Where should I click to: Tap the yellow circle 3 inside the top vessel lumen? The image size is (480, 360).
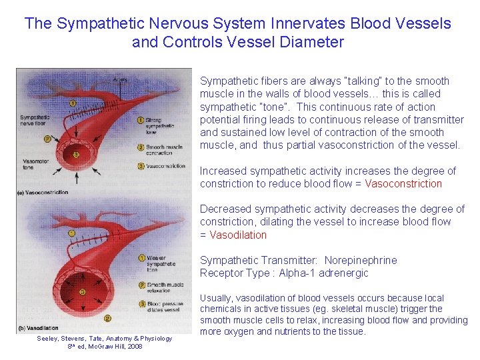pyautogui.click(x=75, y=155)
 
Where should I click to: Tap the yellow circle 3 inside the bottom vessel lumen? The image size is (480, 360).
pyautogui.click(x=82, y=292)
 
